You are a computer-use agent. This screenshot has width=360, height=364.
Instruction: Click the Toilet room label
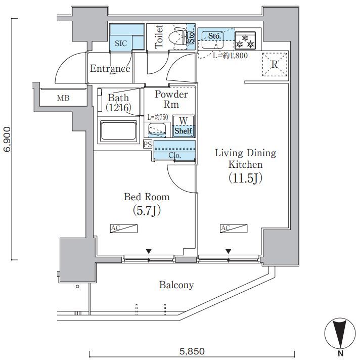coord(159,37)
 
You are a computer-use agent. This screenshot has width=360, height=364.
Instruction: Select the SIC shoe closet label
coord(121,43)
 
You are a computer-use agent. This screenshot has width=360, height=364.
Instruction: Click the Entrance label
coord(110,68)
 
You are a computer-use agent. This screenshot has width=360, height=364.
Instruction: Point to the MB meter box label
coord(63,98)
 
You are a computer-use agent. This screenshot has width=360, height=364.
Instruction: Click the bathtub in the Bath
coord(118,131)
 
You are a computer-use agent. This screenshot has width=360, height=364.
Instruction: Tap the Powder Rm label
coord(171,99)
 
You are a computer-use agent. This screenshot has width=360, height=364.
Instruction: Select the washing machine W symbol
coord(184,121)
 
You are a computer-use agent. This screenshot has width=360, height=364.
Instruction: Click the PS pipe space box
coord(148,144)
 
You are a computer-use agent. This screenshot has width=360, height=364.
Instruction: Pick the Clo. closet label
coord(174,155)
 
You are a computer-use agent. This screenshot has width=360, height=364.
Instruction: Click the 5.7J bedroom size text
coord(147,211)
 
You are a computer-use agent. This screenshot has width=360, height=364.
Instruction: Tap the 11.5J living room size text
coord(246,178)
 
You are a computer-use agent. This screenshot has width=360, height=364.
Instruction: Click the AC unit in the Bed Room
coord(124,229)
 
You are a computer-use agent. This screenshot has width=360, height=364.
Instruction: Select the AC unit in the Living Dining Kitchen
coord(234,229)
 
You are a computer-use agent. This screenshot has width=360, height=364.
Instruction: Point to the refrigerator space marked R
coord(275,64)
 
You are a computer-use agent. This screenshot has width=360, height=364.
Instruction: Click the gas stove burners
coord(245,40)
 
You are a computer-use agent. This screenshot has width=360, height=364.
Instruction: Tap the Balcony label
coord(176,285)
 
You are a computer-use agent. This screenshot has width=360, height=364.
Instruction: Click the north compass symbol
coord(340,333)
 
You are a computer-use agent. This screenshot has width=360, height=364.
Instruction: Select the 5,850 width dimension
coord(192,351)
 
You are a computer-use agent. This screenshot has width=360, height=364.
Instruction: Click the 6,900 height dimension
coord(8,140)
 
